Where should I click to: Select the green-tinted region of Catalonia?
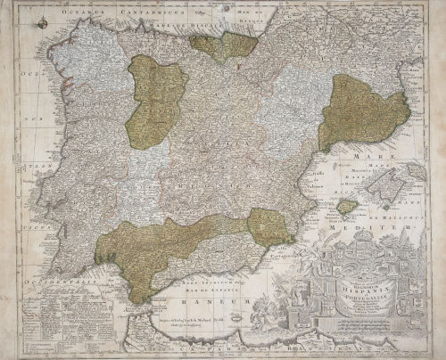pos(361,111)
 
